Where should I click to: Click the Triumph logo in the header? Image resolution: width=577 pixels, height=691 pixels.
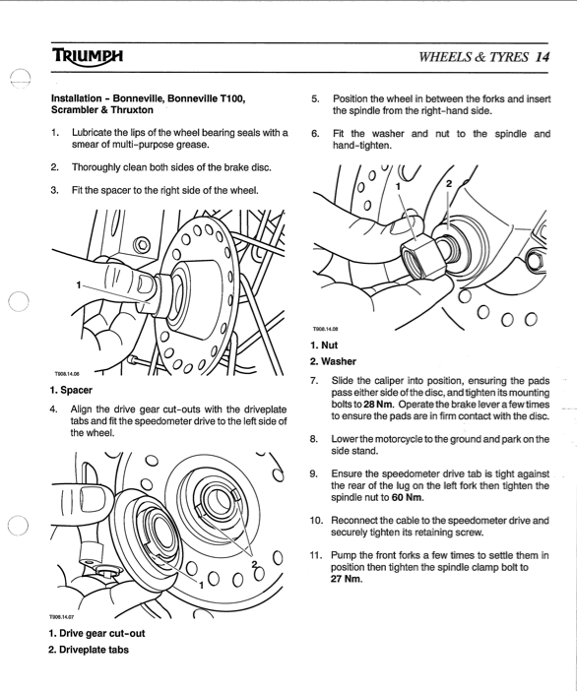click(88, 56)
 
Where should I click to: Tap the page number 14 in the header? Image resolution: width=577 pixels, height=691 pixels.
click(542, 57)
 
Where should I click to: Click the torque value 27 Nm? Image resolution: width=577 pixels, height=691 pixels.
click(346, 579)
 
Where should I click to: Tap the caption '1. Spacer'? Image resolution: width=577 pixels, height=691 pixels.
click(71, 390)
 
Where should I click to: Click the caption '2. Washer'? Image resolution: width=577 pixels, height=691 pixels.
click(333, 361)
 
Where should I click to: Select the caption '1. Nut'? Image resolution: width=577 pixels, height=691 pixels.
click(324, 345)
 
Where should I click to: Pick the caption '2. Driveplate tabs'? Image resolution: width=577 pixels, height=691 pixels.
click(89, 650)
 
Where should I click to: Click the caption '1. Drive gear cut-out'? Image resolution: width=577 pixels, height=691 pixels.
click(96, 633)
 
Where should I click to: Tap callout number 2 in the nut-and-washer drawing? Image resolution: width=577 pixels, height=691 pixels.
click(449, 183)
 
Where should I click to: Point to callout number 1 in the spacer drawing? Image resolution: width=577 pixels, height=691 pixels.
click(79, 285)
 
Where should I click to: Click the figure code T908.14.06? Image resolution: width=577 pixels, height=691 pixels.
click(67, 374)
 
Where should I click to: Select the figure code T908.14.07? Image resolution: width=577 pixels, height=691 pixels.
click(61, 617)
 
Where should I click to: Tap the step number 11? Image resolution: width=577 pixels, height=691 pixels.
click(316, 555)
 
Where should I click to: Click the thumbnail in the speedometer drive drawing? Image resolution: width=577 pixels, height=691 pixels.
click(93, 501)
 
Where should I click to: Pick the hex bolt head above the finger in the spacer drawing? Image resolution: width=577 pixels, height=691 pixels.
click(141, 244)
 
